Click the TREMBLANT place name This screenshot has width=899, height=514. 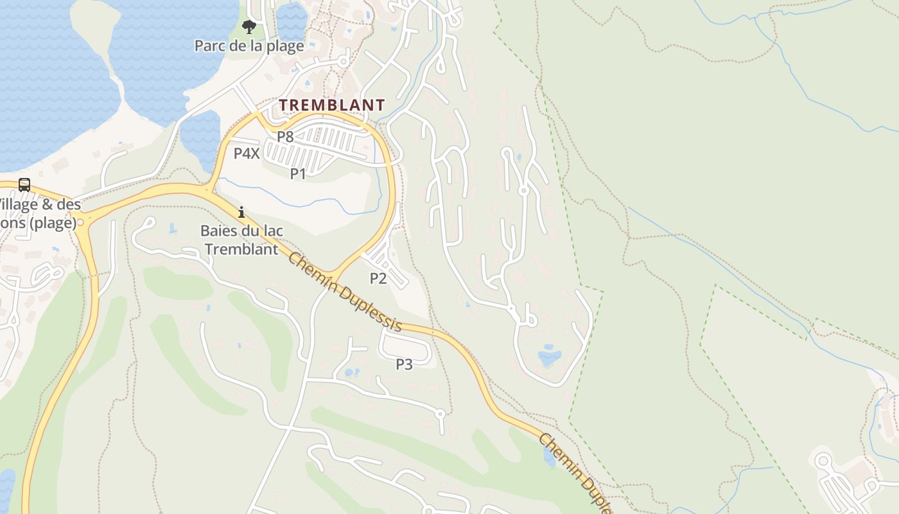(x=332, y=105)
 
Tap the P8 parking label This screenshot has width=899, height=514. (x=285, y=137)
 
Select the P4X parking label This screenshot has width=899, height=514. (x=247, y=154)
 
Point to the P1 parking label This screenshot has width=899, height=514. (x=298, y=173)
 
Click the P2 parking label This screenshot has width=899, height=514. (x=378, y=278)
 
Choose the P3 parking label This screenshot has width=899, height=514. (x=404, y=364)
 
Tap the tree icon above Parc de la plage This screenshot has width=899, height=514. (x=249, y=27)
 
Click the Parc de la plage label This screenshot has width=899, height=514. (x=249, y=46)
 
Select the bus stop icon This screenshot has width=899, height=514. (x=24, y=185)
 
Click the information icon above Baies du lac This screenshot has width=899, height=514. (x=241, y=211)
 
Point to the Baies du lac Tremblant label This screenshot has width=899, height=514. (x=241, y=240)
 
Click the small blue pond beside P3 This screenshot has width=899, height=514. (x=351, y=372)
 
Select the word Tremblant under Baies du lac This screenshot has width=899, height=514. (x=241, y=249)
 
